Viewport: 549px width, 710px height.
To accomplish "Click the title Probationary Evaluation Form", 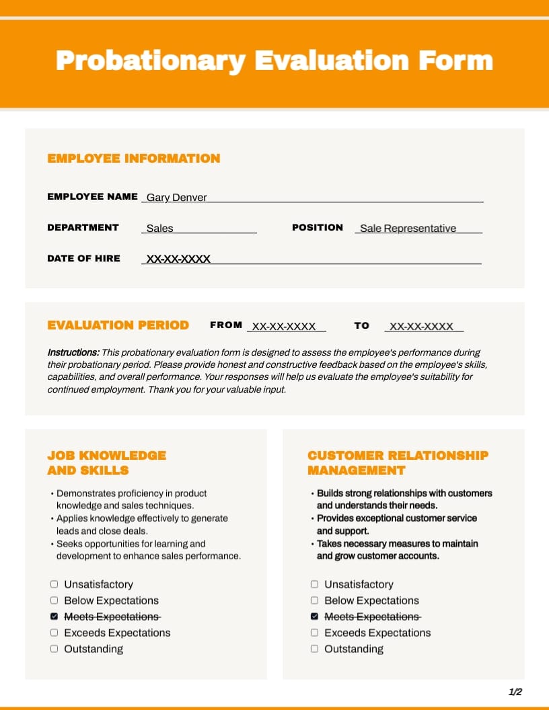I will click(274, 61).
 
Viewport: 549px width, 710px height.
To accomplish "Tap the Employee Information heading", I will click(134, 159).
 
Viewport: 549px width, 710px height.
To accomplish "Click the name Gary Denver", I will click(177, 197).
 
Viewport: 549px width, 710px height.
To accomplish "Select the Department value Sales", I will click(159, 228).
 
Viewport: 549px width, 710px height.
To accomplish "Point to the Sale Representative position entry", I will click(408, 228).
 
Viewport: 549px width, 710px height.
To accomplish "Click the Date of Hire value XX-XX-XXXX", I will click(178, 259).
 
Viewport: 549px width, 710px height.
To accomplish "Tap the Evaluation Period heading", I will click(118, 325).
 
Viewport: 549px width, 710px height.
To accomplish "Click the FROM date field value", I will click(283, 326).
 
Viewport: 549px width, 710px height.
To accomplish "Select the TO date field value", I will click(422, 326).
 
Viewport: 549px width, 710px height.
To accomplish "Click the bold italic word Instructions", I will click(73, 352).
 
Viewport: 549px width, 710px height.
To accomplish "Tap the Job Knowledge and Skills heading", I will click(106, 463).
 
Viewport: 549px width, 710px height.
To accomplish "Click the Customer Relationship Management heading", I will click(398, 463).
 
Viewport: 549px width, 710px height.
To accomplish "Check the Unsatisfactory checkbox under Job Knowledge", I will click(54, 584).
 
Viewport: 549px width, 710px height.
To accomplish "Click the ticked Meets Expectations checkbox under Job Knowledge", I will click(54, 617).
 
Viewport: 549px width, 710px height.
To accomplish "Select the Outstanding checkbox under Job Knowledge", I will click(54, 649).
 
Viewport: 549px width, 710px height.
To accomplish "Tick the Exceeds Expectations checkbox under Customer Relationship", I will click(314, 633).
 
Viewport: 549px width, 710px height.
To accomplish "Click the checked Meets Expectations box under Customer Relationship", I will click(314, 617).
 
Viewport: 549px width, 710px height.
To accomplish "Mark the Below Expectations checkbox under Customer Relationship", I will click(314, 600).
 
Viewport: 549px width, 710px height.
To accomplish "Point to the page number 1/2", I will click(515, 692).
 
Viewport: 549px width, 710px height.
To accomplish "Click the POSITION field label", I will click(318, 227).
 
